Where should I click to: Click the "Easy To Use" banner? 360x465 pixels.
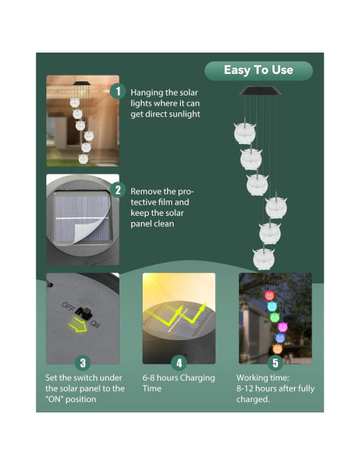coord(258,70)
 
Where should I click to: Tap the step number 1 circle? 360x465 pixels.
coord(117,92)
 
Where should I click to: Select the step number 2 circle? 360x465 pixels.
coord(117,190)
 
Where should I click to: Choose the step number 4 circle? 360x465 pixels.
coord(178,362)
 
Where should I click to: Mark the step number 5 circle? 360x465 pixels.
coord(275,362)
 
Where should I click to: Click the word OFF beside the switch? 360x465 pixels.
coord(70,306)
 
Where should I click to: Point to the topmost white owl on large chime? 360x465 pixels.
coord(244,132)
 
